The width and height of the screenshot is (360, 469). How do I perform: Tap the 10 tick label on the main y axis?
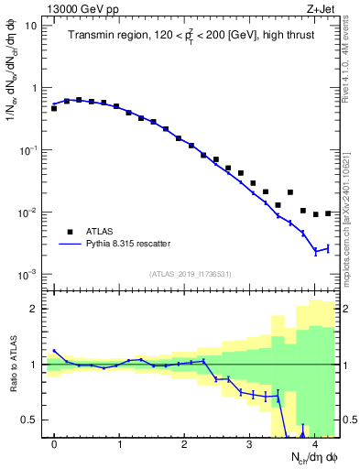point(31,26)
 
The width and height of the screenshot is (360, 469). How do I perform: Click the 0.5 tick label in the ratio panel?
point(29,420)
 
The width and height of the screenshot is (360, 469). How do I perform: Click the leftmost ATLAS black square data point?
point(54,108)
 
